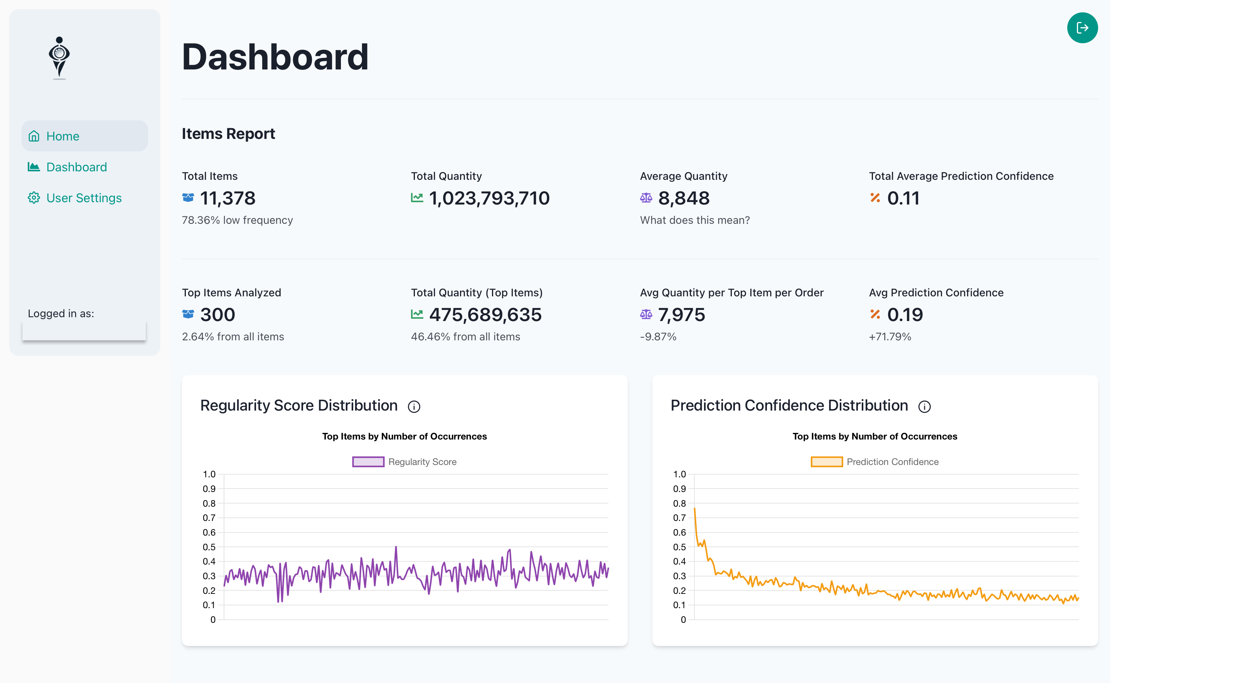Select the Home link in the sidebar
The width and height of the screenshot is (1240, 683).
tap(62, 136)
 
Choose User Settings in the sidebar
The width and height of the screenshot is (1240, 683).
tap(84, 198)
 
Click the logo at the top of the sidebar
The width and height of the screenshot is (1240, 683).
tap(59, 58)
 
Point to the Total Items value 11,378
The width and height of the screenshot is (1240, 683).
tap(227, 198)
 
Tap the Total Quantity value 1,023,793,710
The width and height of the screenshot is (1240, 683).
tap(489, 198)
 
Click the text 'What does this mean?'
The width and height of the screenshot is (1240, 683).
tap(694, 220)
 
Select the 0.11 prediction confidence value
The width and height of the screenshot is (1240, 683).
tap(903, 198)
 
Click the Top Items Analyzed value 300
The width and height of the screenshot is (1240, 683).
tap(217, 315)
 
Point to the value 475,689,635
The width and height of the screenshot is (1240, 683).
tap(485, 315)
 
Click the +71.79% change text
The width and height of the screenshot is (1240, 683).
tap(890, 337)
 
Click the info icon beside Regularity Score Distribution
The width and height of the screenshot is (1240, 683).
tap(413, 407)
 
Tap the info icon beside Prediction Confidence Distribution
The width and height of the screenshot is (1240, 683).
tap(924, 407)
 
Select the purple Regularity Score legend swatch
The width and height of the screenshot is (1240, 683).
tap(368, 462)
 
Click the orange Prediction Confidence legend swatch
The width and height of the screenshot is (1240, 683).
tap(826, 462)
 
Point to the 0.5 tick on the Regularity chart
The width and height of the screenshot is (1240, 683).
tap(209, 547)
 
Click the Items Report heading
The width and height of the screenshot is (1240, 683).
tap(228, 134)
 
